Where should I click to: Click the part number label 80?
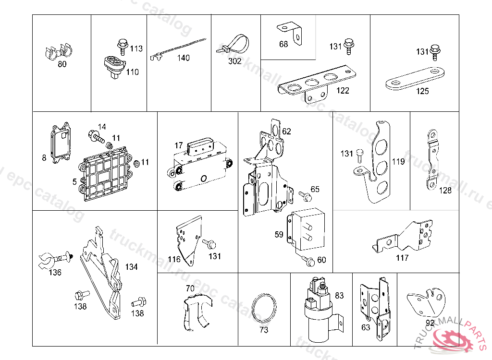pos(62,64)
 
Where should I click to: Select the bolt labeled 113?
pos(121,47)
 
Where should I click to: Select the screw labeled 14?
pos(96,137)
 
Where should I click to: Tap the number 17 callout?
pos(179,145)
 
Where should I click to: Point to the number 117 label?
pos(402,258)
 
